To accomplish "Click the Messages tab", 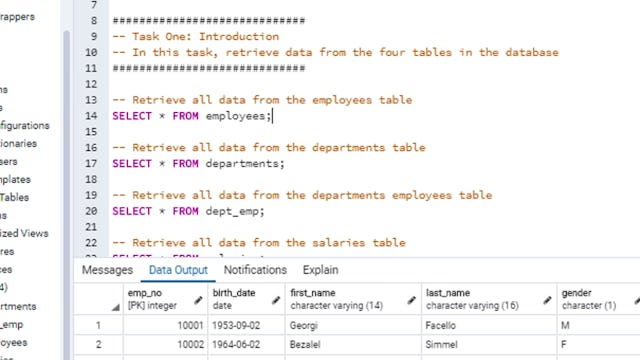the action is pos(107,270).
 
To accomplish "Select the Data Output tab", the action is pos(178,270).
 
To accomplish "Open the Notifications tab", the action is pos(255,270).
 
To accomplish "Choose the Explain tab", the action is pos(320,270).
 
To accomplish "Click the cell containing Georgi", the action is pos(307,325).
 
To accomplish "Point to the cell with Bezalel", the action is pos(310,345).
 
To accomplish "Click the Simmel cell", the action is pos(445,345).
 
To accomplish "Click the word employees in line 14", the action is pos(236,116).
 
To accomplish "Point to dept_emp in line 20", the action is pos(233,211).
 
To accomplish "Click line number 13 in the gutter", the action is pos(91,100).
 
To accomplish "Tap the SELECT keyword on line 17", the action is pos(132,164).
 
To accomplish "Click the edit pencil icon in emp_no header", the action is pos(198,299).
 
